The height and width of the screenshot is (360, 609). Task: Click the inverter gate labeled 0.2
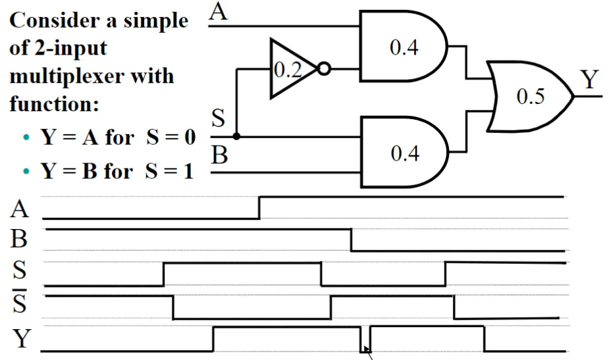tap(295, 69)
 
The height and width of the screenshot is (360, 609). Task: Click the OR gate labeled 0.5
tap(530, 96)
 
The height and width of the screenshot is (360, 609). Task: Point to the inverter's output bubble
tap(325, 69)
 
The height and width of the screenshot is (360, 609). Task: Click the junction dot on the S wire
tap(236, 136)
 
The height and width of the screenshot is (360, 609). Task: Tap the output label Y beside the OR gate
tap(590, 79)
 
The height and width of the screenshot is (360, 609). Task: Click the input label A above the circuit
tap(218, 11)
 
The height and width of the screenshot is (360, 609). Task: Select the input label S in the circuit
tap(218, 118)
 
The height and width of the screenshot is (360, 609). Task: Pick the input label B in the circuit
tap(219, 155)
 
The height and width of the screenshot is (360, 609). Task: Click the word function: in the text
tap(54, 104)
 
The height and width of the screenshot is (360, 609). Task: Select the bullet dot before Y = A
tap(26, 137)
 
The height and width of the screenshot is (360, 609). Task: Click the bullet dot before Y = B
tap(26, 171)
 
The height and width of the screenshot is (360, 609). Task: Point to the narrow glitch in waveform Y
tap(365, 340)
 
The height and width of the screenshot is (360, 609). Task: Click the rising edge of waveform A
tap(259, 208)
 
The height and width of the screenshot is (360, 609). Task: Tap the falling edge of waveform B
tap(351, 240)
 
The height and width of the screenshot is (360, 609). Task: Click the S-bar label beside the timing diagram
tap(19, 301)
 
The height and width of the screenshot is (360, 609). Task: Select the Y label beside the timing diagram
tap(21, 338)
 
